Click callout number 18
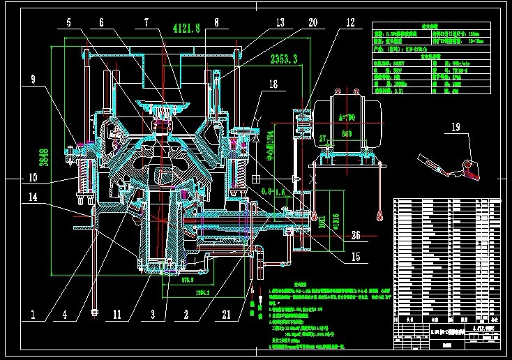coord(273,84)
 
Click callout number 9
coord(33,79)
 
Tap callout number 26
coord(356,234)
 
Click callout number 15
coord(355,257)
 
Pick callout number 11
coord(116,314)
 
